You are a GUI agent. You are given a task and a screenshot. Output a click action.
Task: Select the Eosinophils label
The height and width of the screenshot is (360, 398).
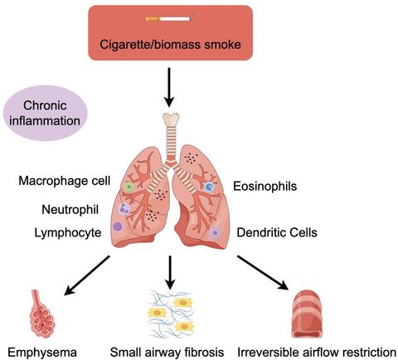click(268, 187)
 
